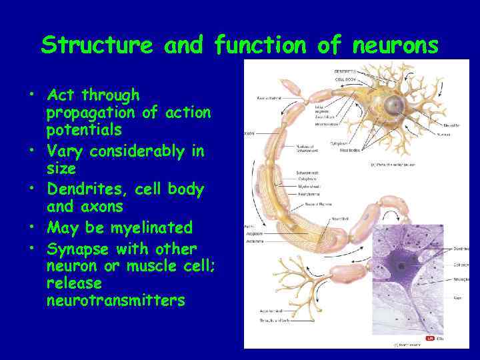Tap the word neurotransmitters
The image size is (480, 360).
point(115,301)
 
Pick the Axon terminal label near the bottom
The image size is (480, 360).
point(272,311)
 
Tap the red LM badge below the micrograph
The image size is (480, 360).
point(430,338)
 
